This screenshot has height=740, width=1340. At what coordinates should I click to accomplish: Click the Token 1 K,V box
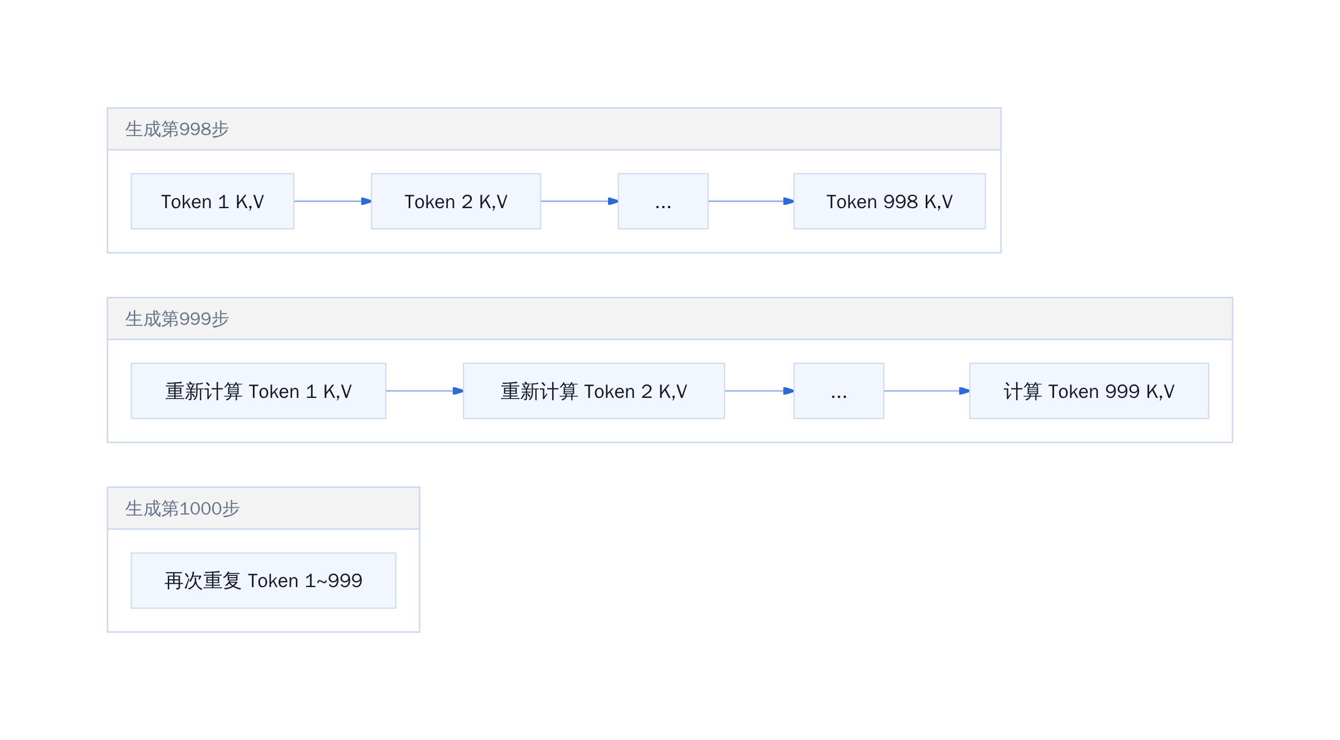click(x=212, y=201)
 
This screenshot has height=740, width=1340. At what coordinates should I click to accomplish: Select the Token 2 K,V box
click(x=456, y=201)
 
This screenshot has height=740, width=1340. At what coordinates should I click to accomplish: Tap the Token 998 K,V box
click(x=889, y=201)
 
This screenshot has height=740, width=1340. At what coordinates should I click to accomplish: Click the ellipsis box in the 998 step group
click(x=663, y=201)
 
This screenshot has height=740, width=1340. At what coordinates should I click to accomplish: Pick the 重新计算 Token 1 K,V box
click(x=259, y=391)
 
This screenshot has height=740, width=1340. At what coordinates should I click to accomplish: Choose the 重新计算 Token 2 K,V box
click(x=594, y=391)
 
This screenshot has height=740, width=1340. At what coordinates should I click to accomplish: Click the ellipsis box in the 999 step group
click(x=839, y=391)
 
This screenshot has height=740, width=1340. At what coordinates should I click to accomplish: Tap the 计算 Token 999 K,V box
click(x=1089, y=391)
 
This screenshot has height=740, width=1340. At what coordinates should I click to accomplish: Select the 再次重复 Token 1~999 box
click(x=264, y=580)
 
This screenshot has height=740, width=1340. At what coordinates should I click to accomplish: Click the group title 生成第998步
click(x=177, y=129)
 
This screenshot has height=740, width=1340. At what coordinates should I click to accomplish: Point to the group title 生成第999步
click(x=177, y=319)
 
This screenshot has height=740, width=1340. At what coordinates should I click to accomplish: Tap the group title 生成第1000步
click(x=182, y=508)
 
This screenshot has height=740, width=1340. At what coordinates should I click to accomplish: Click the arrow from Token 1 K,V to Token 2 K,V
click(x=333, y=201)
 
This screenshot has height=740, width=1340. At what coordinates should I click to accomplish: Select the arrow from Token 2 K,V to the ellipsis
click(x=580, y=201)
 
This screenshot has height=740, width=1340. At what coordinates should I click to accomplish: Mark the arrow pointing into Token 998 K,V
click(x=751, y=201)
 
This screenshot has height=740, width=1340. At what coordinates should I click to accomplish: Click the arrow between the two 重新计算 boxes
click(x=425, y=391)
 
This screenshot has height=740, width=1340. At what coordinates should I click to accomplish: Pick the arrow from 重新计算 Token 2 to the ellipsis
click(x=759, y=391)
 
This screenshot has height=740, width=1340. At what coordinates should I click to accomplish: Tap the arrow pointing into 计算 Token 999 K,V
click(x=927, y=391)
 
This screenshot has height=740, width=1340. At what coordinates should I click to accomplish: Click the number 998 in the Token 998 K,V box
click(x=901, y=201)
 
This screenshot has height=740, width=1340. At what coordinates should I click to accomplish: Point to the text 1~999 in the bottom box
click(x=333, y=581)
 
